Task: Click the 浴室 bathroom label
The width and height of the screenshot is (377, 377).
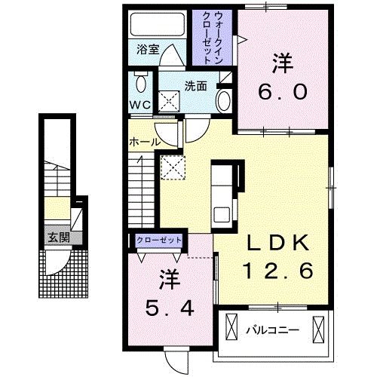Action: coord(148,50)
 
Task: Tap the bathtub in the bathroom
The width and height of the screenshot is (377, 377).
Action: coord(158,24)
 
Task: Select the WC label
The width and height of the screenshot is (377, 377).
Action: coord(140,105)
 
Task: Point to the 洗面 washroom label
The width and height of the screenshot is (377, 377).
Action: coord(195,86)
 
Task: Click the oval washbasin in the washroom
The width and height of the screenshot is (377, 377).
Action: coord(224,102)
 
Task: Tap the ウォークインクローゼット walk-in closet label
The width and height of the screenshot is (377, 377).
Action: coord(213,38)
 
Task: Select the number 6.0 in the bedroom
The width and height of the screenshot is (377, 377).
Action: coord(283,92)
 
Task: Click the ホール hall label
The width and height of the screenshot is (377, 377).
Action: coord(145,143)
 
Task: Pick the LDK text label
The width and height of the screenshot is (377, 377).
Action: coord(278,243)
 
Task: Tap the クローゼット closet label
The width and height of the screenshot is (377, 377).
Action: coord(159,240)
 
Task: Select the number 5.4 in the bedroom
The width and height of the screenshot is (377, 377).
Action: coord(170,308)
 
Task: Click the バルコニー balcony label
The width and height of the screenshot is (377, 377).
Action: coord(273,329)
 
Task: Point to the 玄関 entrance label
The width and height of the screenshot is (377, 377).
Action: coord(59,238)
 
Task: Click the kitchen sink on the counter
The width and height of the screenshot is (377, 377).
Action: coord(222,215)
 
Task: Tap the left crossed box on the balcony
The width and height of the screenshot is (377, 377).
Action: coord(231,326)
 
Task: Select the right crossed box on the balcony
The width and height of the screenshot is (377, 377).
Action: coord(318,329)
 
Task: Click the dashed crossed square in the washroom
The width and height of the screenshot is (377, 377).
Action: coord(169,102)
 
